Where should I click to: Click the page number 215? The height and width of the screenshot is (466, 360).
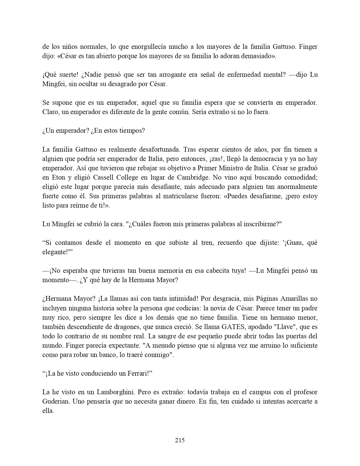pos(180,440)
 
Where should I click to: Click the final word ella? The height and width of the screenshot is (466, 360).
pos(48,411)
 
